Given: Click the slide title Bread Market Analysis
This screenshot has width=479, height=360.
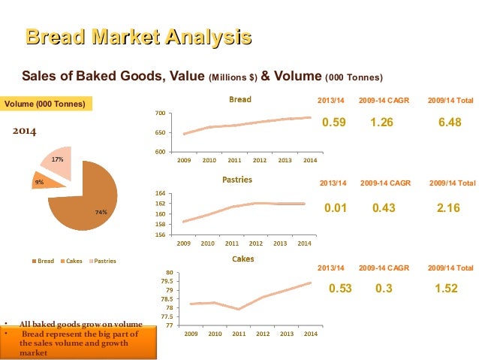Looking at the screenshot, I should (138, 37).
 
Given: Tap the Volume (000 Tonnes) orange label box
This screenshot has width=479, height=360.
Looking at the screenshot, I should (46, 103).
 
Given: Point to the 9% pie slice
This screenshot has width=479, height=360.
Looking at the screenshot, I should (40, 181).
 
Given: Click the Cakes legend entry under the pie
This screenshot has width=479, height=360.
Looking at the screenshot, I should (71, 261).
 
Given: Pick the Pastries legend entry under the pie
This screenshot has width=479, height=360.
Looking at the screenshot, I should (103, 261).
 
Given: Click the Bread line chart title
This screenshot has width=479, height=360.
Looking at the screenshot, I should (240, 99).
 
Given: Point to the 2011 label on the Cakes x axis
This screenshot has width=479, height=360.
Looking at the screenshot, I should (239, 333).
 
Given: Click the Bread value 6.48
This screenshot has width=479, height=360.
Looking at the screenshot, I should (449, 123).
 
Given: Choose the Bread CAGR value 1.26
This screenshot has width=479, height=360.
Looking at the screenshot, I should (381, 123).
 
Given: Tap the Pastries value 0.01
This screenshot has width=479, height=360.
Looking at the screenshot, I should (334, 208).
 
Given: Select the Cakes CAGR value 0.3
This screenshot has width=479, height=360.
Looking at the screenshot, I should (383, 288).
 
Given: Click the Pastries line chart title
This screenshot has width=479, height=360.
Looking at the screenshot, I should (237, 180).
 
